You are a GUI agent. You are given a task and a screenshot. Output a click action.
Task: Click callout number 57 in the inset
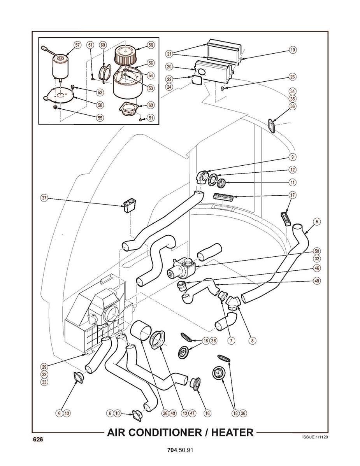click(x=77, y=45)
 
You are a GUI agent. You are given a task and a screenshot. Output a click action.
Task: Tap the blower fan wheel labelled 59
click(x=125, y=56)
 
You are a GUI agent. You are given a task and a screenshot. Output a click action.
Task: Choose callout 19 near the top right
click(x=292, y=49)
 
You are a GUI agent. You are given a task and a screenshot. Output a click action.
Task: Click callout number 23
click(x=292, y=77)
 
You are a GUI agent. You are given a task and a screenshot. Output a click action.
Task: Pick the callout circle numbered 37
click(x=45, y=198)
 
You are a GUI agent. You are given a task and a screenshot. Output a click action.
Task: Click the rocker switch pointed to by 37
click(x=130, y=205)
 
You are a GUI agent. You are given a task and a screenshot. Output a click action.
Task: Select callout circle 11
click(x=292, y=182)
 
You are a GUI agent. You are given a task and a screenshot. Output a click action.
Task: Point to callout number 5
click(x=317, y=221)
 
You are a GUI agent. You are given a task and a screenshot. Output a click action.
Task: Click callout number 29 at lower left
click(x=45, y=367)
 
